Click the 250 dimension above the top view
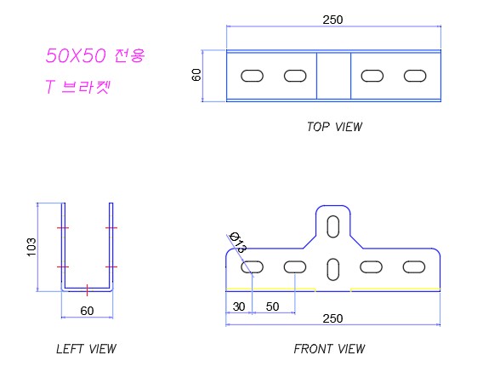pyautogui.click(x=332, y=20)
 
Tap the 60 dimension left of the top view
pyautogui.click(x=196, y=75)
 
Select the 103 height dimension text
pyautogui.click(x=31, y=247)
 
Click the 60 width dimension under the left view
pyautogui.click(x=87, y=311)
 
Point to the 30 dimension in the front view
pyautogui.click(x=239, y=306)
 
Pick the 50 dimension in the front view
pyautogui.click(x=272, y=306)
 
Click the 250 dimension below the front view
pyautogui.click(x=332, y=318)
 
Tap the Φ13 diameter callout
pyautogui.click(x=238, y=242)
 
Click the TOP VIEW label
pyautogui.click(x=334, y=127)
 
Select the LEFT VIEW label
pyautogui.click(x=86, y=349)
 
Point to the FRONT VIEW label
pyautogui.click(x=329, y=349)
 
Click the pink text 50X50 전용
pyautogui.click(x=95, y=55)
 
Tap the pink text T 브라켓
pyautogui.click(x=77, y=86)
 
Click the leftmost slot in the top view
pyautogui.click(x=252, y=76)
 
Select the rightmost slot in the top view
pyautogui.click(x=415, y=76)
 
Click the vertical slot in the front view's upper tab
pyautogui.click(x=333, y=226)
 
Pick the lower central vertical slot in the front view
pyautogui.click(x=333, y=270)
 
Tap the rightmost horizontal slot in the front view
pyautogui.click(x=414, y=267)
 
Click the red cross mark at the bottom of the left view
pyautogui.click(x=88, y=290)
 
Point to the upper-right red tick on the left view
pyautogui.click(x=111, y=228)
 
